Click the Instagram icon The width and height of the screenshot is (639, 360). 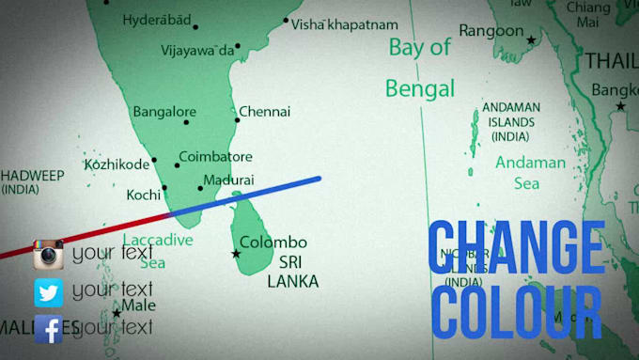click(x=48, y=255)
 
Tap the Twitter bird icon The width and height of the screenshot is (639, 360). click(x=48, y=292)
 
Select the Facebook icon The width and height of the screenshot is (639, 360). click(x=48, y=329)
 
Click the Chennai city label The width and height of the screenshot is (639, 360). click(x=264, y=112)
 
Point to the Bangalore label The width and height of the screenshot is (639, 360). click(x=164, y=112)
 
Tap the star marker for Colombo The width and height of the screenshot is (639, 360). click(x=236, y=254)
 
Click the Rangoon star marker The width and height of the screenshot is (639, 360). click(x=531, y=40)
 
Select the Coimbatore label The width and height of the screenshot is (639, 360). click(x=215, y=157)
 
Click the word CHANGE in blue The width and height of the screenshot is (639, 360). click(x=516, y=249)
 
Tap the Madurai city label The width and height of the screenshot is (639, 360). click(x=228, y=180)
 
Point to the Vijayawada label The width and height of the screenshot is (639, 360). click(x=197, y=51)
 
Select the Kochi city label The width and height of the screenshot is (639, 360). click(x=144, y=196)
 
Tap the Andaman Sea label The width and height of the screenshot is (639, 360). click(x=531, y=172)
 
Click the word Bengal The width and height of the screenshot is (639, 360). click(x=420, y=89)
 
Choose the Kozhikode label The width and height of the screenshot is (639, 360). click(x=117, y=164)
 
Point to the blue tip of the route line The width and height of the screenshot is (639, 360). click(x=318, y=178)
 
